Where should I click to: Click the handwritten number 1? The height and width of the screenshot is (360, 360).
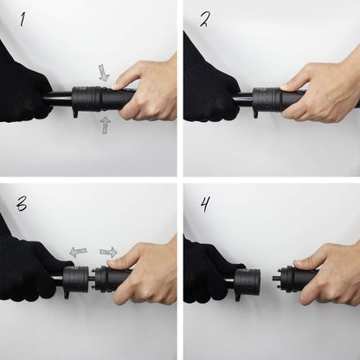22,19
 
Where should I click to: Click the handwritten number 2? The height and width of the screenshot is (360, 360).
204,19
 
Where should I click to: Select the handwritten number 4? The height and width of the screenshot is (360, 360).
204,204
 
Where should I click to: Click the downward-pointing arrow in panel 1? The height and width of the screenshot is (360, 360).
104,72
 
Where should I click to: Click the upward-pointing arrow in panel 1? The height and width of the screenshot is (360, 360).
104,125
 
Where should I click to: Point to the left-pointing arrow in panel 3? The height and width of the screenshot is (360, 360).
78,252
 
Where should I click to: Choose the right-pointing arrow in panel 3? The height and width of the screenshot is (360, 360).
108,252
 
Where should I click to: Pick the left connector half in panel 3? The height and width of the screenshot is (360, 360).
75,280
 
